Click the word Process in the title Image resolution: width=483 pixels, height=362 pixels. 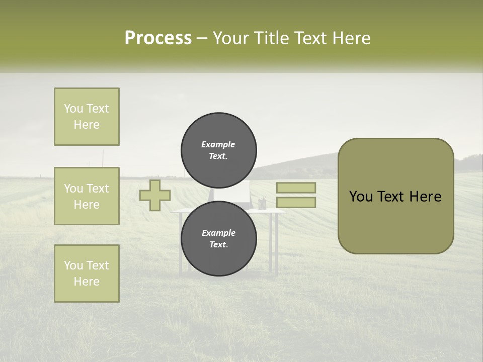[x=158, y=38]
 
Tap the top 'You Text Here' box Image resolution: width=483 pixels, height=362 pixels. [x=87, y=117]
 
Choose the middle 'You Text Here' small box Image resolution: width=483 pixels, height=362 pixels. [x=87, y=196]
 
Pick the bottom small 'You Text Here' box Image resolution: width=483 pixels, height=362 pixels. [x=87, y=274]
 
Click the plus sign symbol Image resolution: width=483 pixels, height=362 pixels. [x=155, y=196]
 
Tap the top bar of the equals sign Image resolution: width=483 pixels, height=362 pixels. [x=296, y=188]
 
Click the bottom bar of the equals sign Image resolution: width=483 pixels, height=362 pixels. [x=296, y=203]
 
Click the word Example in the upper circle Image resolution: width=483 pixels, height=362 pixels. [x=218, y=144]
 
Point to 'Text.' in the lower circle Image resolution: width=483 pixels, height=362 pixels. [x=218, y=245]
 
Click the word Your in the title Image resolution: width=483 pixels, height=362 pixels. [x=230, y=38]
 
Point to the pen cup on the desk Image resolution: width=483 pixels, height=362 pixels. [x=262, y=204]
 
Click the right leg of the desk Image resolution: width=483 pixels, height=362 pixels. [x=276, y=244]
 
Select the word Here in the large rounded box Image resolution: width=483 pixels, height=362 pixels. [x=425, y=197]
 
